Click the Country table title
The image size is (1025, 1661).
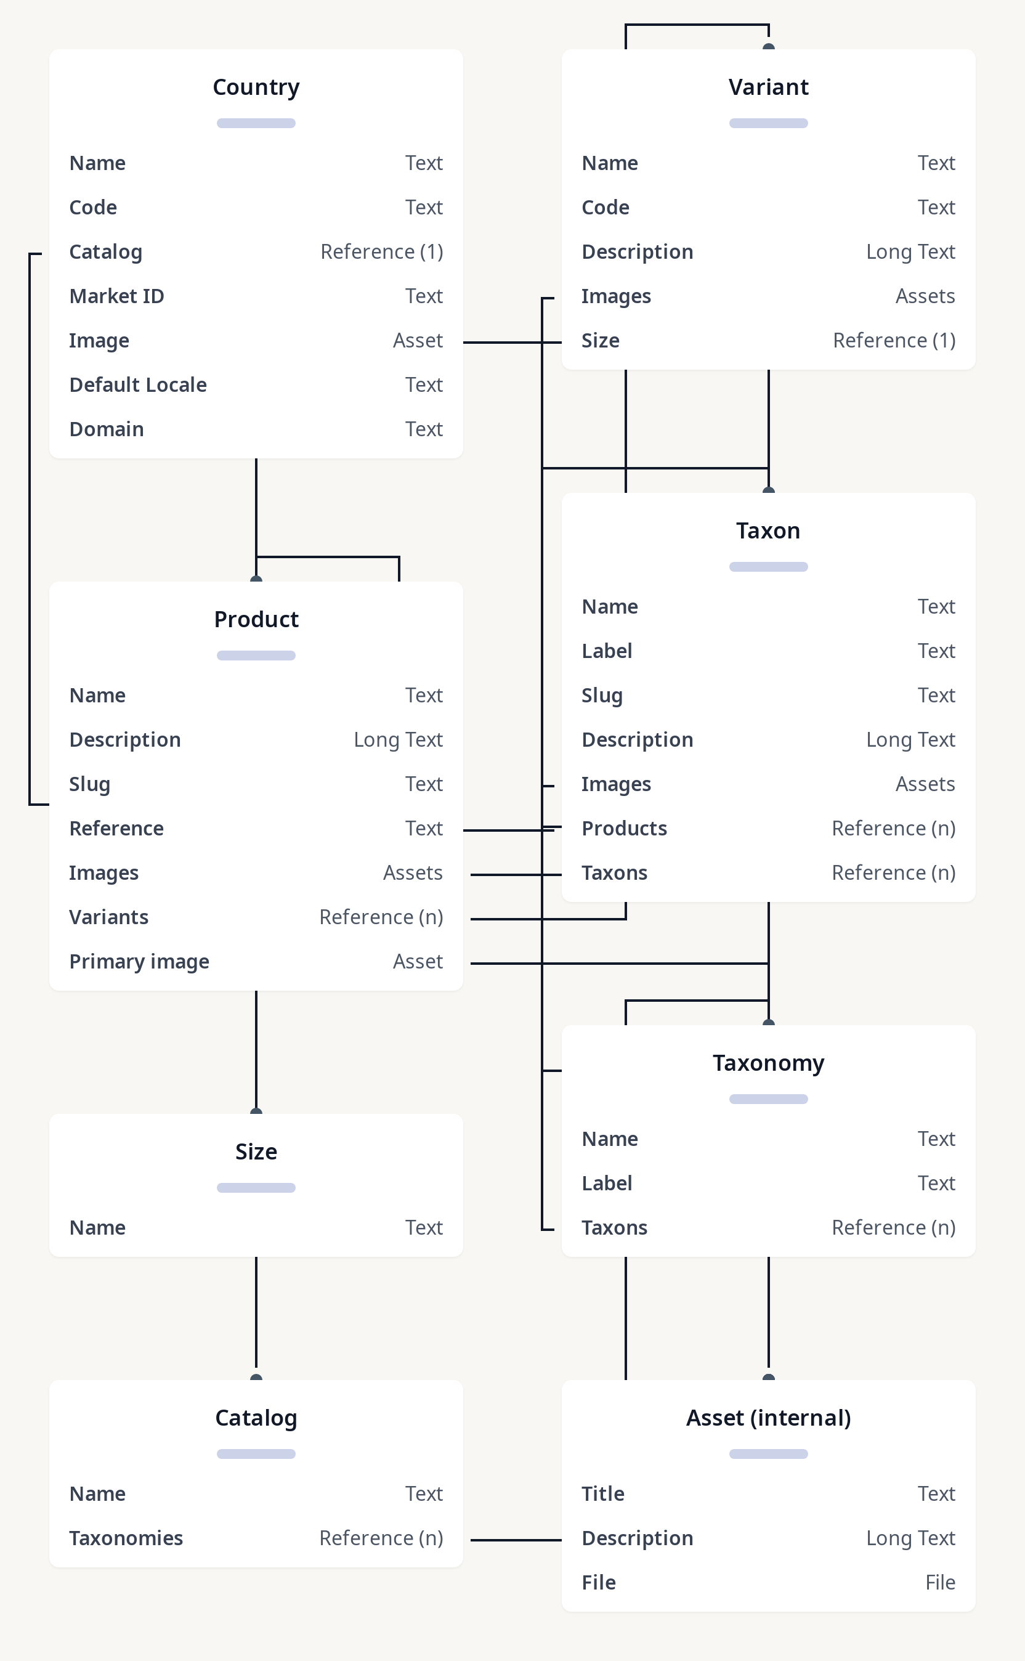click(256, 87)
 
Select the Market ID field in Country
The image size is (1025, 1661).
click(116, 296)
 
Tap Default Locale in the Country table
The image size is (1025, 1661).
click(137, 385)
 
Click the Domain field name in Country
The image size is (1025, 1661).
click(107, 429)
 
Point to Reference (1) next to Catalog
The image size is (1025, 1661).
click(382, 252)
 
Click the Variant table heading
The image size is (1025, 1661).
click(768, 87)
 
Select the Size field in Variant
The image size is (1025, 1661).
click(600, 340)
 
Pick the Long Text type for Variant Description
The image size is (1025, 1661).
click(910, 252)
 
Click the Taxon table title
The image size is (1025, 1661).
click(768, 531)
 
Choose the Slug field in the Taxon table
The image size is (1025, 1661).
click(601, 696)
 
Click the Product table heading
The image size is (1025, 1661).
click(256, 620)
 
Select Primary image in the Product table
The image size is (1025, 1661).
click(139, 962)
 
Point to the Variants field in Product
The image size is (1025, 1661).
click(108, 917)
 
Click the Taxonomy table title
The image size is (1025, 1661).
click(768, 1063)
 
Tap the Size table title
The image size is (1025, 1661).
click(256, 1152)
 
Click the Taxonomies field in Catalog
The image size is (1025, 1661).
click(126, 1538)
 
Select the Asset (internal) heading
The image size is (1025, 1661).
click(768, 1418)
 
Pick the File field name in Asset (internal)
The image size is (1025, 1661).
click(599, 1582)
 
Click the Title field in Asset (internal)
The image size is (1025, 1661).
click(602, 1494)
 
